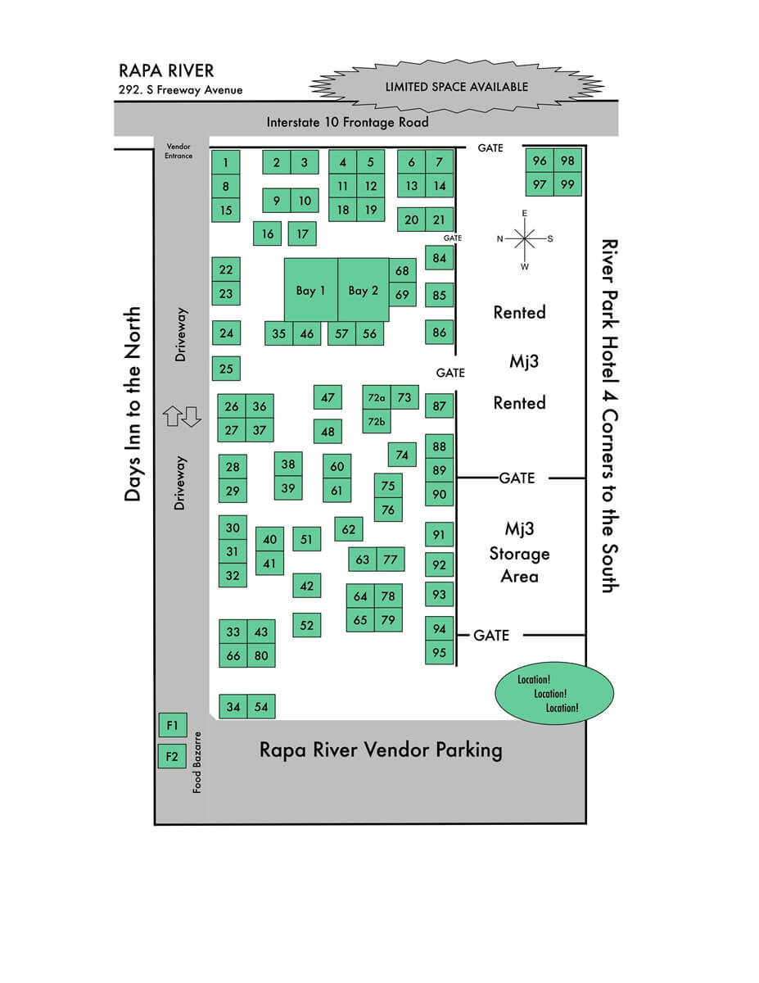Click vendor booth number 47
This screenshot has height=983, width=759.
[328, 398]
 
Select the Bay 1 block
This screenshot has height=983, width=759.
[311, 290]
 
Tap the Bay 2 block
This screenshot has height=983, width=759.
[364, 290]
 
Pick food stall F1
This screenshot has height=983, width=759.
[172, 725]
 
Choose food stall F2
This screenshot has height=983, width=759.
[172, 756]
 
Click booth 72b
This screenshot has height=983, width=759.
[376, 422]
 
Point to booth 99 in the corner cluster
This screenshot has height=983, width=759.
[567, 184]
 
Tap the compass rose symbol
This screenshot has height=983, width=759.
[525, 238]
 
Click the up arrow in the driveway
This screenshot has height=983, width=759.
[172, 417]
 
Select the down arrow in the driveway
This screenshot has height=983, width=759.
[192, 417]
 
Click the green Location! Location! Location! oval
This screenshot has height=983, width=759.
[553, 694]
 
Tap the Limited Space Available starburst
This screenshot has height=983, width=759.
[456, 87]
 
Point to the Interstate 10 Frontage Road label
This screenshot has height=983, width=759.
[347, 123]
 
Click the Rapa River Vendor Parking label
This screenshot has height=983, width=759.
[381, 750]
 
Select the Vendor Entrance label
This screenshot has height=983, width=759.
[178, 151]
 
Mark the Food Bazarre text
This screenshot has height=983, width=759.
[197, 762]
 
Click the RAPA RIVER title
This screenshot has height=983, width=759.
[166, 71]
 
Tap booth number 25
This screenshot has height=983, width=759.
[226, 369]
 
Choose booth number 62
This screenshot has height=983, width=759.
[349, 529]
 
